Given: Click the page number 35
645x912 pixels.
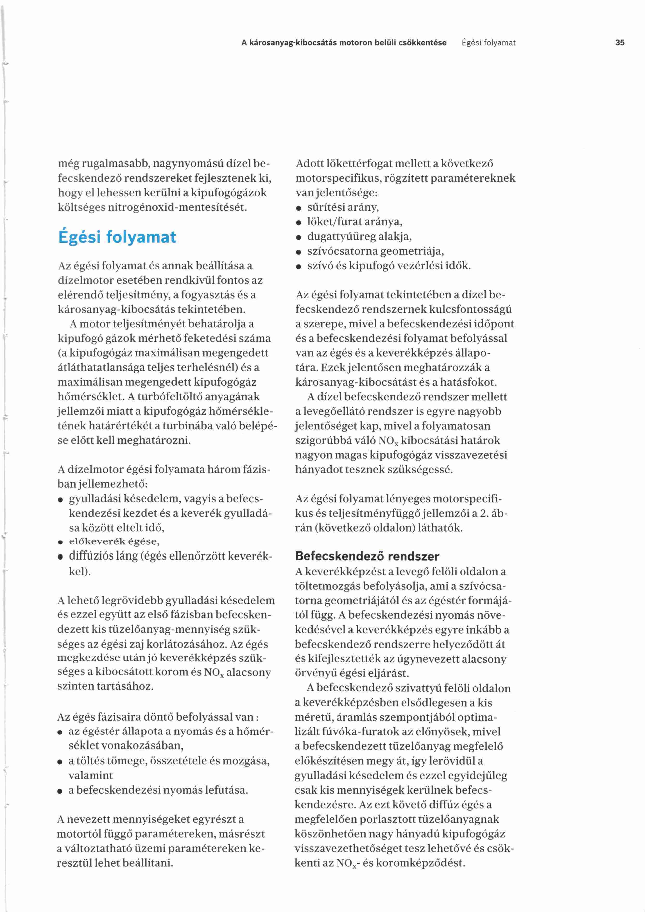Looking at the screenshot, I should (620, 42).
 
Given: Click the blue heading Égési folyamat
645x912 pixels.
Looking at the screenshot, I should (117, 237).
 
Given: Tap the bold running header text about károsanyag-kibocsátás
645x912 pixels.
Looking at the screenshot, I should (344, 42).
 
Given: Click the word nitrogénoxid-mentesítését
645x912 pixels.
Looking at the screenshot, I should (178, 207).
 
